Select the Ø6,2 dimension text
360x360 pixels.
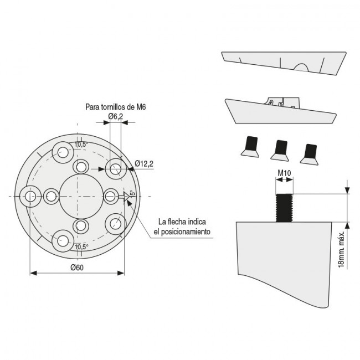click(x=116, y=116)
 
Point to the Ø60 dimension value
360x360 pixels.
click(x=77, y=268)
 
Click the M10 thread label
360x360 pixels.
click(x=284, y=173)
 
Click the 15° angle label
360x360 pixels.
click(x=132, y=195)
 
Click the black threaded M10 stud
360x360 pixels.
click(x=284, y=207)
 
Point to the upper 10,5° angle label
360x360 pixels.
click(x=81, y=145)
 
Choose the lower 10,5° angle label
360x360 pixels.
click(x=81, y=246)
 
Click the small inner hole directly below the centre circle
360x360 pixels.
click(x=81, y=225)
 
